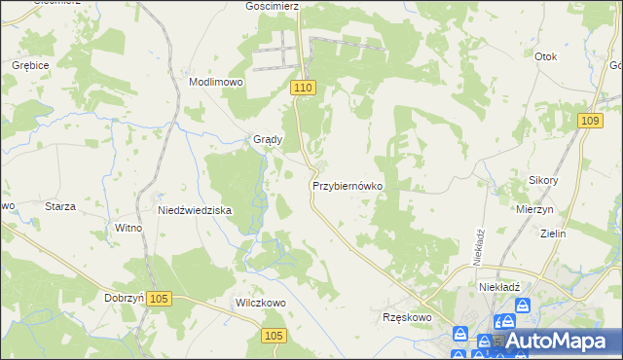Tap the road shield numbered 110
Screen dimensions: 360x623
[x=303, y=89]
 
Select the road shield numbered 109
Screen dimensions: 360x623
[x=587, y=120]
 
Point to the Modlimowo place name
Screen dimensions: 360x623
[x=216, y=83]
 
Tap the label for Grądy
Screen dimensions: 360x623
[x=268, y=139]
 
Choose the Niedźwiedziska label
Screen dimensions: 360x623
[x=195, y=210]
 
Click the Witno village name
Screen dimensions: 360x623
[x=128, y=228]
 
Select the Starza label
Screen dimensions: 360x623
[x=61, y=206]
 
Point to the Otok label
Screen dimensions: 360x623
[x=545, y=56]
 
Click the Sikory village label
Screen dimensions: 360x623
[x=543, y=181]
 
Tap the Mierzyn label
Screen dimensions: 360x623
[x=535, y=209]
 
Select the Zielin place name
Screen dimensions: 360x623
[x=553, y=234]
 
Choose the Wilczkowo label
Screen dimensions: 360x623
[x=260, y=303]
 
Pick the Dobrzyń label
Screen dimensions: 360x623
[x=124, y=298]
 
